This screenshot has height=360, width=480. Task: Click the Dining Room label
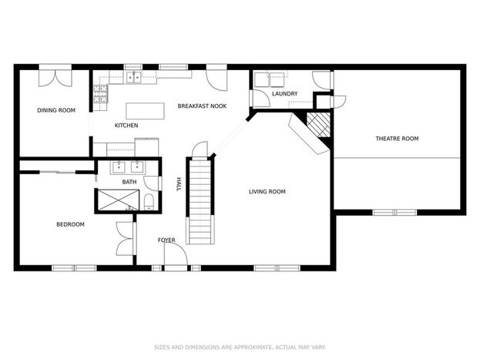[x=56, y=110]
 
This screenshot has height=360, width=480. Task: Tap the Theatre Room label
[x=397, y=139]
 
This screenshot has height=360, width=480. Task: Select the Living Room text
[x=267, y=192]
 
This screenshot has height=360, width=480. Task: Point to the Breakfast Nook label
[x=202, y=106]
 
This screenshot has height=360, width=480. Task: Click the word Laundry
[x=285, y=94]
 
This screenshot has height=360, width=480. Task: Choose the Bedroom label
[x=70, y=224]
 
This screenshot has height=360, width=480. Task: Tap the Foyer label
[x=166, y=241]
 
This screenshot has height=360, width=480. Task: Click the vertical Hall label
[x=179, y=184]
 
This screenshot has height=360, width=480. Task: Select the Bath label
[x=129, y=182]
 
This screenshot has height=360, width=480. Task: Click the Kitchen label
[x=126, y=126]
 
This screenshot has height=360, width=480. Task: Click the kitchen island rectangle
[x=145, y=111]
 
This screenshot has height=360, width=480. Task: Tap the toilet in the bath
[x=149, y=202]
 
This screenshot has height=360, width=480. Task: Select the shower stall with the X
[x=118, y=200]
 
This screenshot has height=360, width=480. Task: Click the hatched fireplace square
[x=318, y=125]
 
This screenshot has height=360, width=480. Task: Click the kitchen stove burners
[x=101, y=94]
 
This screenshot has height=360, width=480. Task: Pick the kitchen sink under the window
[x=133, y=77]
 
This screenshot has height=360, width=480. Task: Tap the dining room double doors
[x=55, y=78]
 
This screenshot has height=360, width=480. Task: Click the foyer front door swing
[x=176, y=254]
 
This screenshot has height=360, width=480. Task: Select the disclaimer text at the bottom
[x=240, y=347]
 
